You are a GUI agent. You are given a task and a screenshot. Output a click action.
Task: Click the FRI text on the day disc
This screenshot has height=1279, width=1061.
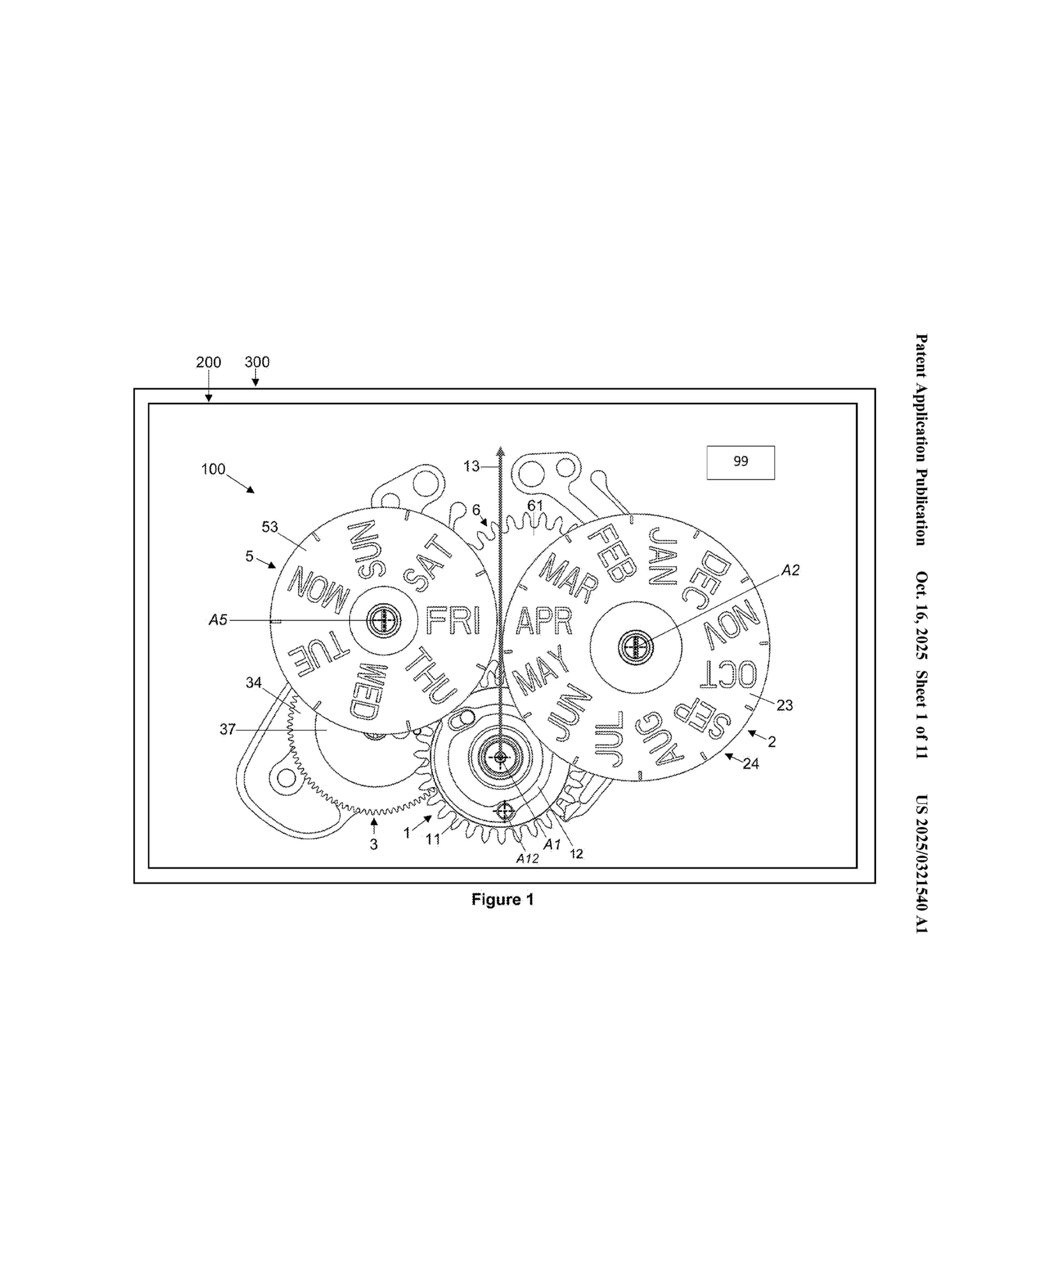tap(453, 620)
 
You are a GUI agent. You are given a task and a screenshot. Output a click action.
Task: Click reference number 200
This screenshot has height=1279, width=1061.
tap(208, 362)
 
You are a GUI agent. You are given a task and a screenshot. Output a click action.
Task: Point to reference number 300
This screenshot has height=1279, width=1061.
tap(257, 362)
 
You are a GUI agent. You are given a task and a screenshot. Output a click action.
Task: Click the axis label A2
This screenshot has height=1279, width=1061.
tap(790, 570)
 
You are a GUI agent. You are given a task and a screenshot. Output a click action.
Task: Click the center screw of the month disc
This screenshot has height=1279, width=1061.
tap(635, 646)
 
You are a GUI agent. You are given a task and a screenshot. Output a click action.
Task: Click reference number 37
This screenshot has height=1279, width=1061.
tap(227, 729)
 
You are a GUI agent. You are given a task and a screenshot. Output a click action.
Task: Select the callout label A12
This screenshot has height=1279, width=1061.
tap(527, 859)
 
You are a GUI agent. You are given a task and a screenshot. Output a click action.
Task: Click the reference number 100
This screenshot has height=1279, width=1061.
tap(213, 469)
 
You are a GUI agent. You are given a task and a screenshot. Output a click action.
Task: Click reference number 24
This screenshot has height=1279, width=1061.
tap(750, 764)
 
